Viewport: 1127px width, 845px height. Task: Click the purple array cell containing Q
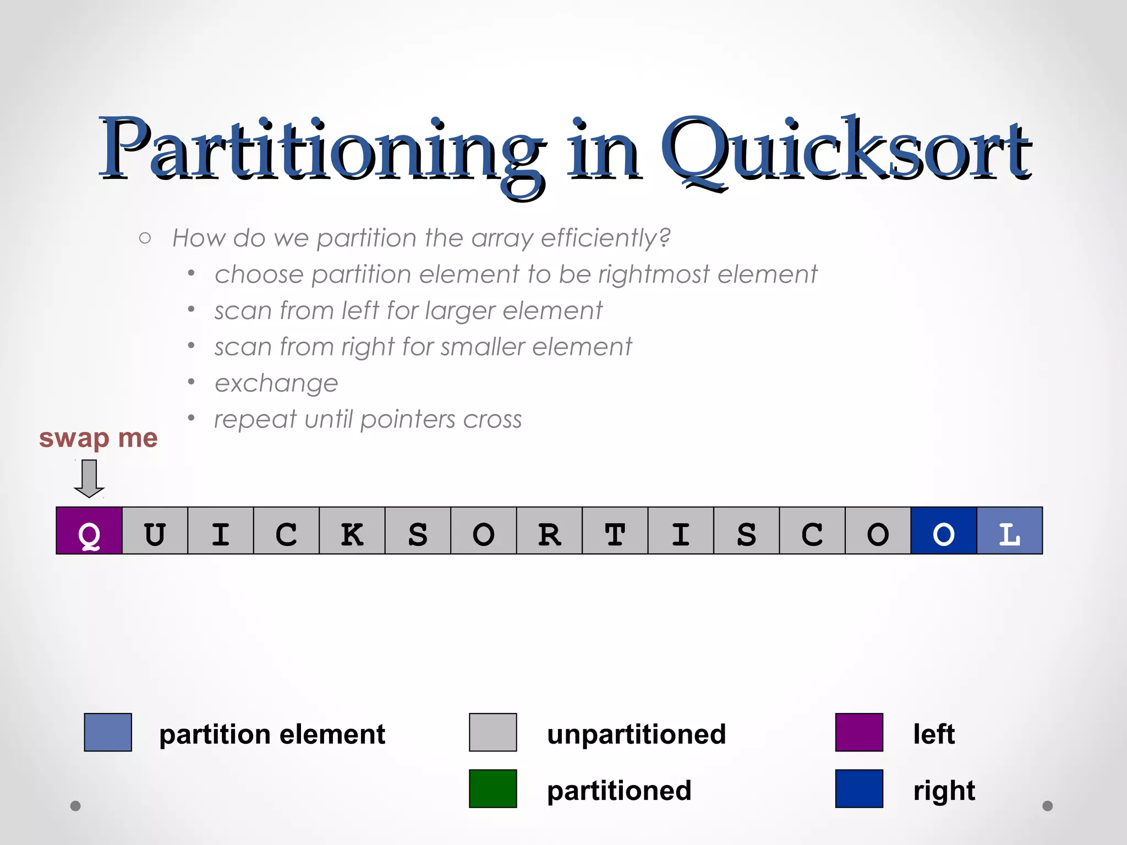pos(89,531)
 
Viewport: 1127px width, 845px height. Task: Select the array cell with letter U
pos(155,531)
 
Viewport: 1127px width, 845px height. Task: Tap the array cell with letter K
pos(352,531)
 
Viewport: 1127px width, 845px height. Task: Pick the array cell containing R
pos(549,531)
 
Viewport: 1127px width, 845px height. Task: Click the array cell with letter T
pos(615,531)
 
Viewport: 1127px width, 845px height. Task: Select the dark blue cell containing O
pos(944,531)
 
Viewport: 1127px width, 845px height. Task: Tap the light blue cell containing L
pos(1009,531)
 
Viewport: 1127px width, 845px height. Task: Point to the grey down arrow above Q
pos(89,478)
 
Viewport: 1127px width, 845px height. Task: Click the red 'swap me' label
pos(98,438)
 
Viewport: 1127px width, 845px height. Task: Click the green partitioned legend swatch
pos(493,788)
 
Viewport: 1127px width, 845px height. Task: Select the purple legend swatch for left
pos(859,732)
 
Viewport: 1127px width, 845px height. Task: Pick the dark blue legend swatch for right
pos(859,788)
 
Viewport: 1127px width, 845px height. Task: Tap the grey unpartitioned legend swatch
pos(493,732)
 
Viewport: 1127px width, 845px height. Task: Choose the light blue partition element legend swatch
pos(108,732)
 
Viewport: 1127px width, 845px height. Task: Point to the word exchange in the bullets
pos(276,383)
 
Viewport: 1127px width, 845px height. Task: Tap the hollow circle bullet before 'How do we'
pos(145,238)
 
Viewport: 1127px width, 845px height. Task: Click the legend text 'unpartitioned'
pos(636,734)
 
